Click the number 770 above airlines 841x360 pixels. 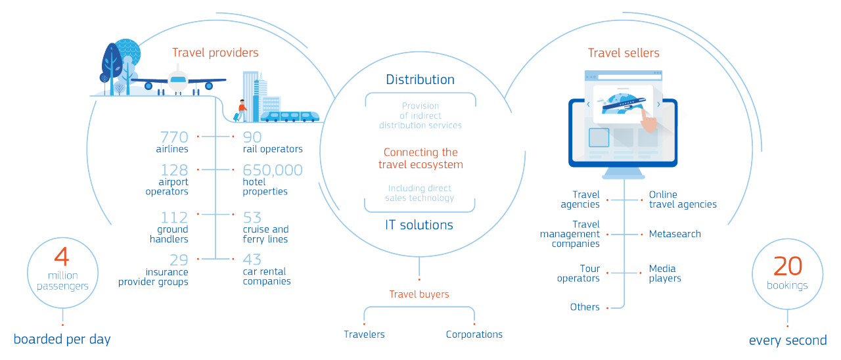coord(173,137)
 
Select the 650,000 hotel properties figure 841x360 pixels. coord(273,171)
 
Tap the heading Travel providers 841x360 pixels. coord(215,53)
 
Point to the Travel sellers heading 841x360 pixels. coord(624,53)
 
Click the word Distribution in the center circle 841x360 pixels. coord(420,79)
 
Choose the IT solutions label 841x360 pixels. coord(419,225)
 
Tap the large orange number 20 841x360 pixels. coord(788,266)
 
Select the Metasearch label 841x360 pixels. coord(675,234)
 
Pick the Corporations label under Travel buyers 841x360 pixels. coord(474,334)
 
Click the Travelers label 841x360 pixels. coord(364,334)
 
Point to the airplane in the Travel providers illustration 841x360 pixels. coord(177,82)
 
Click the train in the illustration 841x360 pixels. coord(290,116)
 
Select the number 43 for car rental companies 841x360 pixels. coord(252,259)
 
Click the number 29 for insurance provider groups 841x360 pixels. coord(178,259)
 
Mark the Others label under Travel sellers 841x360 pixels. coord(585,307)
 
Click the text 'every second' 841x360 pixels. coord(788,340)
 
